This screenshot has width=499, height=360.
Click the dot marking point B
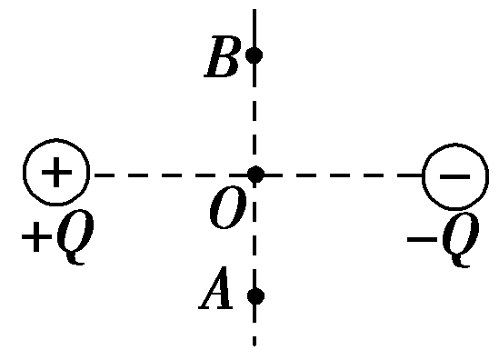(x=254, y=55)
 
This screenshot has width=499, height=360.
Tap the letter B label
(x=222, y=59)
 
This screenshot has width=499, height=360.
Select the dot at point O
(x=255, y=174)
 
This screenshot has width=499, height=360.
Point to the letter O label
(x=225, y=211)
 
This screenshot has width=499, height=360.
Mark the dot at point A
(x=254, y=295)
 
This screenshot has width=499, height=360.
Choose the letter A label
(x=218, y=293)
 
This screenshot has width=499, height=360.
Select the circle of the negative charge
(x=449, y=174)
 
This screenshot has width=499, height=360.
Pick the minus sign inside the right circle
(x=449, y=174)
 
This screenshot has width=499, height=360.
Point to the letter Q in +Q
(x=71, y=238)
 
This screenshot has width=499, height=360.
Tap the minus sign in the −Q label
(x=420, y=239)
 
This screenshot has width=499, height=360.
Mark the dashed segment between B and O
(x=254, y=114)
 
